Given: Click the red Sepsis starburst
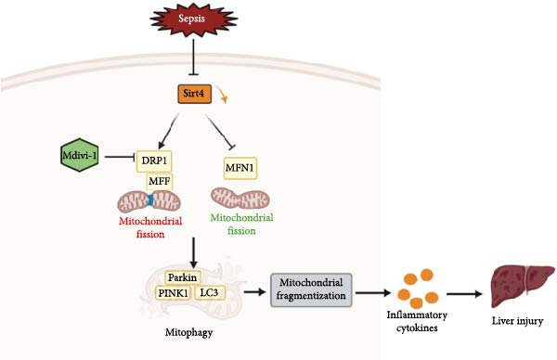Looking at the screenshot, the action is point(194,19).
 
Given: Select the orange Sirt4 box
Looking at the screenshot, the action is point(194,94).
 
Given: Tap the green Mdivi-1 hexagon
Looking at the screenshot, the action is point(80,155).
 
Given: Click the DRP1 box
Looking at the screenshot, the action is point(154,161).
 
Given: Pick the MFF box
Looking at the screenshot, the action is point(160,182).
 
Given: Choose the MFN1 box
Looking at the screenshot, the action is point(240,168).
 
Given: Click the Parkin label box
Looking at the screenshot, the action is point(183,277).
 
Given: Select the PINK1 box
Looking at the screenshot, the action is point(174,293).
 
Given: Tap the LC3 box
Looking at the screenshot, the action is point(209,292).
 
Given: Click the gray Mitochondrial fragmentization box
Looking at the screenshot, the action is point(311,289).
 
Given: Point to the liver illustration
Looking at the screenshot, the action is point(522,286).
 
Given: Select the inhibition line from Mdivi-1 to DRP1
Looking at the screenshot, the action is point(119,157).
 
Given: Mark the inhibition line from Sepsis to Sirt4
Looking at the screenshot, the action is point(193,57).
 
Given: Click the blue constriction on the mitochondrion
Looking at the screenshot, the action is point(150,199).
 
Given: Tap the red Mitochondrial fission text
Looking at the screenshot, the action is point(150,227).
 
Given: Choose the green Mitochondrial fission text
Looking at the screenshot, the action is point(241,224).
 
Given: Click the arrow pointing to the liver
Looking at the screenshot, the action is point(464,294).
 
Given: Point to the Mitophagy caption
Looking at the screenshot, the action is point(189,333).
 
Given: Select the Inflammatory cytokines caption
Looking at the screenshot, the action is point(417,321).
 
